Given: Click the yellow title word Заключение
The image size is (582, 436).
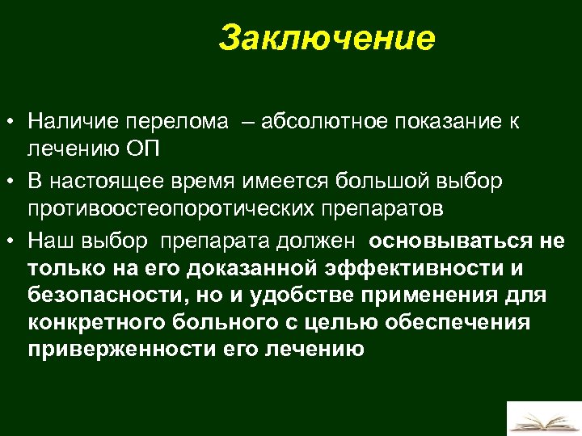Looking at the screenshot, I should [x=327, y=38].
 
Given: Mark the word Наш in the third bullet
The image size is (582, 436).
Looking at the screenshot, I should [x=47, y=241].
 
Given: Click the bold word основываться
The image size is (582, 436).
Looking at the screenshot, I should [x=449, y=241].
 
